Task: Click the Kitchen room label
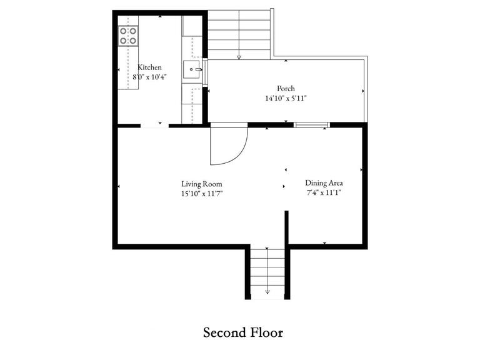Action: coord(150,67)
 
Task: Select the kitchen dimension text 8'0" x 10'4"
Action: coord(150,77)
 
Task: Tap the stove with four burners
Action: coord(129,36)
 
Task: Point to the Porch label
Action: coord(286,89)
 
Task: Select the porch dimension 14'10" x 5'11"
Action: coord(286,98)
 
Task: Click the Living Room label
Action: coord(202,184)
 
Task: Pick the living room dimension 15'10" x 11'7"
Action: coord(202,194)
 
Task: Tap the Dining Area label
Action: coord(324,183)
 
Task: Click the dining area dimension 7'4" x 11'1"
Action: coord(324,192)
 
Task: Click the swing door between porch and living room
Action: coord(228,146)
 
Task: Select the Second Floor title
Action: coord(243,332)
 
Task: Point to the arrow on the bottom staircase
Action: coord(267,290)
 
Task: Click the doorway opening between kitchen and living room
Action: coord(154,126)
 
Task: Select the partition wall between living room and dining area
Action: coord(287,227)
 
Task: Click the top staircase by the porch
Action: coord(239,34)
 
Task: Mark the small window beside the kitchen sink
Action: coord(205,71)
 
